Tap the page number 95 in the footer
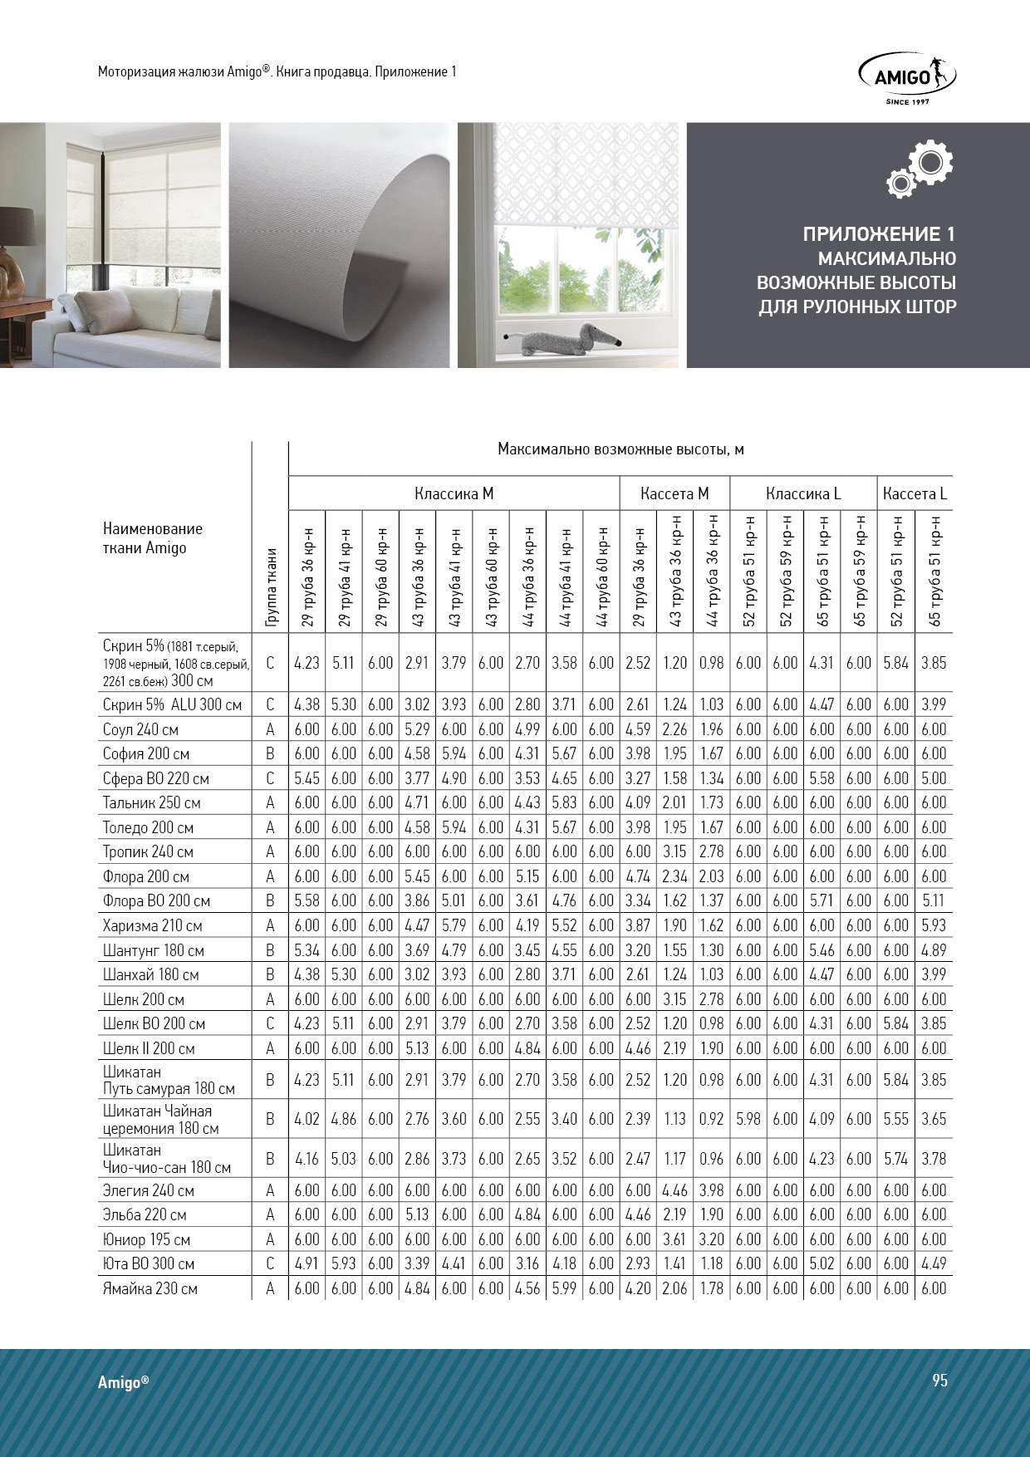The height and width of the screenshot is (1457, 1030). click(x=939, y=1380)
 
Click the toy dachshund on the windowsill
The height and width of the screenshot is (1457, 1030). click(x=564, y=338)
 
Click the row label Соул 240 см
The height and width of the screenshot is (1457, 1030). click(x=140, y=729)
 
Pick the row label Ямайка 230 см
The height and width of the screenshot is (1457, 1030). click(x=150, y=1288)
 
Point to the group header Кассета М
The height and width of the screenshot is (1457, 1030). click(x=674, y=493)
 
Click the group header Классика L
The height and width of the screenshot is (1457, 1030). click(x=803, y=493)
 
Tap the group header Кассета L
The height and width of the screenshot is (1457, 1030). click(x=915, y=493)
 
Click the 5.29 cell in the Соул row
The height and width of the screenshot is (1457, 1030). click(x=417, y=729)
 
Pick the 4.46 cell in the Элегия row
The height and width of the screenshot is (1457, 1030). click(x=674, y=1190)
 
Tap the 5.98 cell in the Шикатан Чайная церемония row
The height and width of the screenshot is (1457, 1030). click(x=748, y=1119)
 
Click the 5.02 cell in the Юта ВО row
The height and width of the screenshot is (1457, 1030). click(x=822, y=1263)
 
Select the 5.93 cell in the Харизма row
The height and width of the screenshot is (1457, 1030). click(x=934, y=925)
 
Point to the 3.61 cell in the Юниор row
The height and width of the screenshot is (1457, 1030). click(x=674, y=1239)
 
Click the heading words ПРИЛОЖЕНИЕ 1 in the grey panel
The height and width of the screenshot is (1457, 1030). click(x=879, y=234)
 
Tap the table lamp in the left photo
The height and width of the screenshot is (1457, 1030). click(x=12, y=249)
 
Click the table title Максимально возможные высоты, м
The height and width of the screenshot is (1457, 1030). click(x=620, y=449)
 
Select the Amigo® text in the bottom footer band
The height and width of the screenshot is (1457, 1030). click(x=124, y=1382)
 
